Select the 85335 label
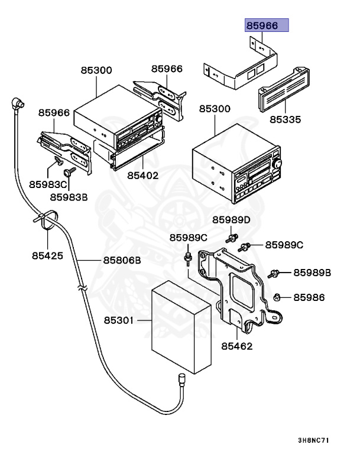pyautogui.click(x=286, y=119)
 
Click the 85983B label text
pyautogui.click(x=69, y=197)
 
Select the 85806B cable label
pyautogui.click(x=122, y=260)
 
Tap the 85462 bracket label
pyautogui.click(x=236, y=345)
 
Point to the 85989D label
pyautogui.click(x=232, y=220)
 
